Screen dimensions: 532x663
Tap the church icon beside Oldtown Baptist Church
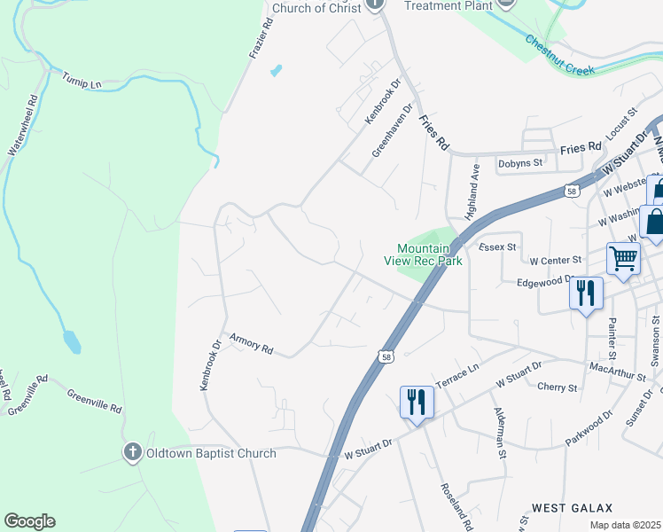(x=132, y=453)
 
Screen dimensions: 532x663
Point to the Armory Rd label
(x=251, y=343)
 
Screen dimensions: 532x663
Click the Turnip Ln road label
(x=82, y=82)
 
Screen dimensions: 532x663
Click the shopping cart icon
(x=623, y=258)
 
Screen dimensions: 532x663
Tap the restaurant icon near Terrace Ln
(x=415, y=402)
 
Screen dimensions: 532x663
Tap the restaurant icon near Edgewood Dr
(x=586, y=293)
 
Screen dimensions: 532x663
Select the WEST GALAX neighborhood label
(x=572, y=508)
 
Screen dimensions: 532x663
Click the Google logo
(x=29, y=521)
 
